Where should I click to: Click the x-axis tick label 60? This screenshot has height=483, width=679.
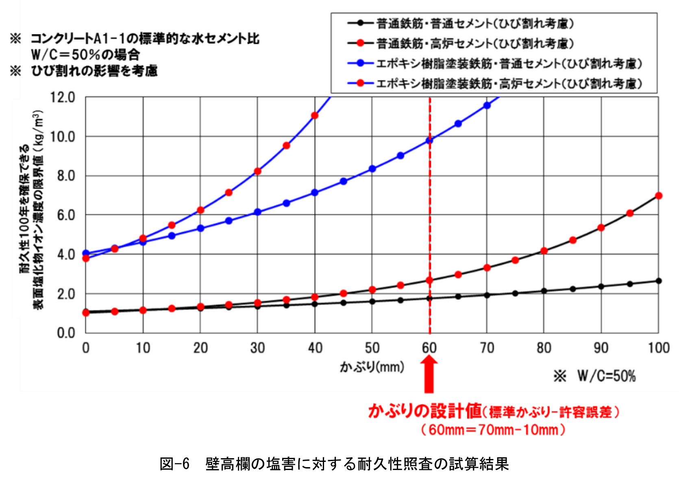pos(429,348)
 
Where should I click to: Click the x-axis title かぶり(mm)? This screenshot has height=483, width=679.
pos(372,367)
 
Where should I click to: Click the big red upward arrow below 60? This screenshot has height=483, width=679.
pos(429,374)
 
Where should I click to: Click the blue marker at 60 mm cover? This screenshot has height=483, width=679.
pos(429,141)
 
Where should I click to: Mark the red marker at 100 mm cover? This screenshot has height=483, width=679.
pos(659,196)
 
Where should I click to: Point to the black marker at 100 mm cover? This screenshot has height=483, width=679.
pos(659,281)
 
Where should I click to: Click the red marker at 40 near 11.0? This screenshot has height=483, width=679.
pos(315,116)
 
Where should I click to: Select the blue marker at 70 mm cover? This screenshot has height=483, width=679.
pos(487,106)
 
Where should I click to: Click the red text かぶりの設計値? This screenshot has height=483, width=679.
pos(425,411)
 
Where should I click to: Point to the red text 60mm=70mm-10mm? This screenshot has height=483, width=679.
pos(493,430)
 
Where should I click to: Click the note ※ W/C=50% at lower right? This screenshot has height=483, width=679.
pos(595,376)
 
